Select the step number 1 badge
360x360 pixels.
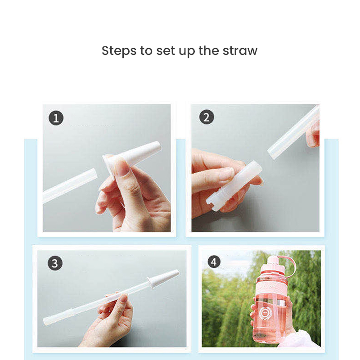coord(56,118)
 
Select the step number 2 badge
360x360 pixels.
coord(207,117)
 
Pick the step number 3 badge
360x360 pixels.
coord(55,263)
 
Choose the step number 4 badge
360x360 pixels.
coord(213,262)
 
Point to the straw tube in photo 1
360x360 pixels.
coord(70,185)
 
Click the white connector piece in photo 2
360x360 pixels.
coord(234,185)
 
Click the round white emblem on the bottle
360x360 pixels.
coord(265,313)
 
